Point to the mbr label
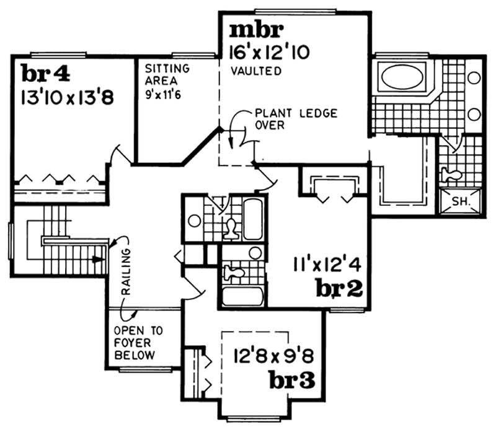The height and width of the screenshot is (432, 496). [x=257, y=29]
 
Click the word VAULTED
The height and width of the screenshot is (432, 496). [x=255, y=71]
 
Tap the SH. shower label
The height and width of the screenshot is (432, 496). [x=459, y=201]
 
